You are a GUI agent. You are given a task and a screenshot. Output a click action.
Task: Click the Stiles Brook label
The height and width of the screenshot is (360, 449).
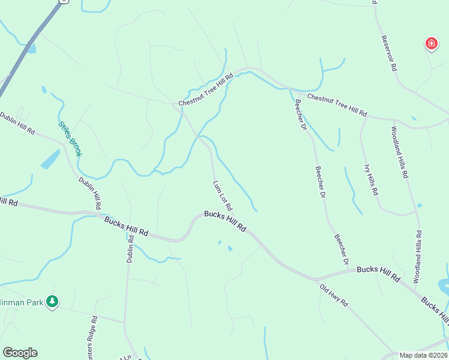point(70,139)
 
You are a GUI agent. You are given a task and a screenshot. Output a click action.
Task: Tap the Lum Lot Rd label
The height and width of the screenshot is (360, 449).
point(222,195)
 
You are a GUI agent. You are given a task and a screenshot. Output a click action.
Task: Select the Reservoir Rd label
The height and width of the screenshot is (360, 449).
point(389,54)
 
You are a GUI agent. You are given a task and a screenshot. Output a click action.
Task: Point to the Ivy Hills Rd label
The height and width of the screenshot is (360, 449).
point(371,179)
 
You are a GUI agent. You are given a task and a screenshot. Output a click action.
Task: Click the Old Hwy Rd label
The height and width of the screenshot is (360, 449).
point(334,295)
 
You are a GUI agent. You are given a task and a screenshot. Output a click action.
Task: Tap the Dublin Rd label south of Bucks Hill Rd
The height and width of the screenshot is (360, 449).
point(130,247)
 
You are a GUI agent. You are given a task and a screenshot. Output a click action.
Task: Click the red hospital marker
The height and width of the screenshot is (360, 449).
point(431,43)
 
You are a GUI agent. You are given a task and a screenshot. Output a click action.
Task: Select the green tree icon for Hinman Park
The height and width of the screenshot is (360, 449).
point(53,301)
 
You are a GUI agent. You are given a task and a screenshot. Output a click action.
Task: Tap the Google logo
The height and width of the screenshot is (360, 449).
point(20,353)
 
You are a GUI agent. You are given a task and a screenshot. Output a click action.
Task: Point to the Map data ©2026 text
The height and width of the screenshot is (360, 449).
point(423,355)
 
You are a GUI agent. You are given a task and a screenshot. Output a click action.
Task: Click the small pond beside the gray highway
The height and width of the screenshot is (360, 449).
point(31,49)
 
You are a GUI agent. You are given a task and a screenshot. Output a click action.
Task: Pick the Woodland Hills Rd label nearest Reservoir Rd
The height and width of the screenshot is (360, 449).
point(400,152)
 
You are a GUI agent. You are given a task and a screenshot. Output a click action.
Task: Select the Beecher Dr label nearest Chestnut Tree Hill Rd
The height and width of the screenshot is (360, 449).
point(300,114)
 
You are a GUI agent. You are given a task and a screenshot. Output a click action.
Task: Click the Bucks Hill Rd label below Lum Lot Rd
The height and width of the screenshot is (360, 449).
point(225,221)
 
